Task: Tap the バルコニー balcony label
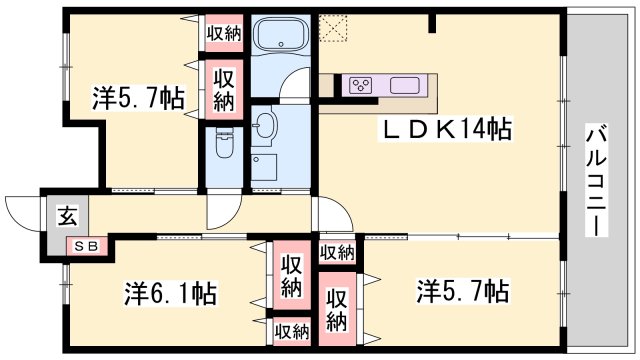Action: click(596, 180)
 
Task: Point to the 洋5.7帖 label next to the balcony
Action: click(463, 292)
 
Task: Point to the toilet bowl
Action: click(224, 145)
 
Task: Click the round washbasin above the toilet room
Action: click(265, 125)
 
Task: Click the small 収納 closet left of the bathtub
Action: click(224, 33)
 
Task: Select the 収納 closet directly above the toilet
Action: click(224, 89)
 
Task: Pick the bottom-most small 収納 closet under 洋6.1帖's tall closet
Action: click(291, 330)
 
